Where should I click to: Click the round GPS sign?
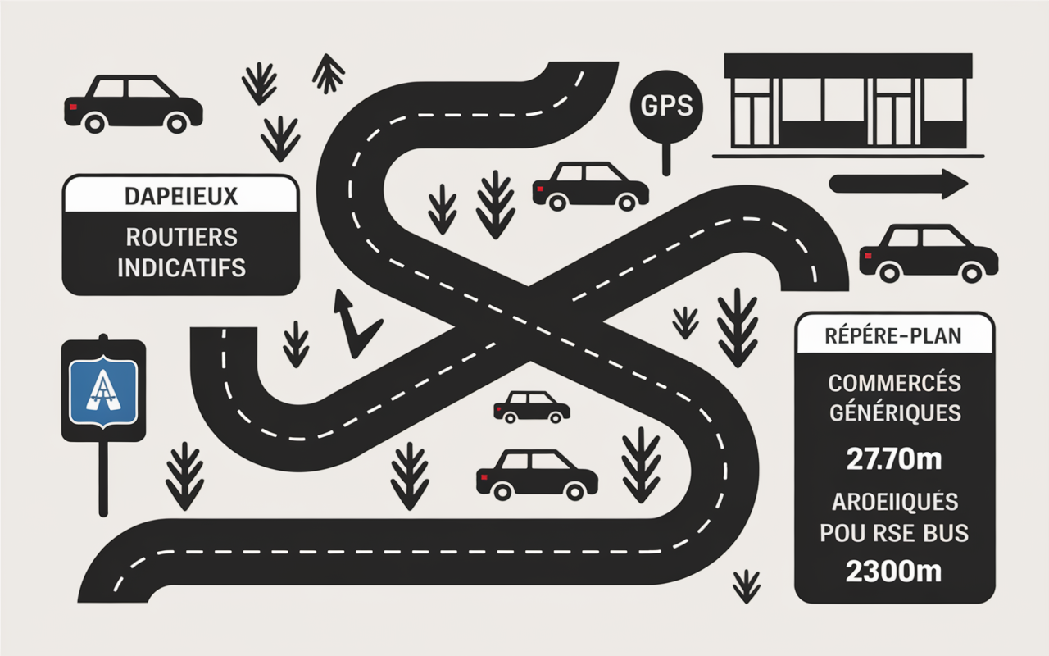(666, 107)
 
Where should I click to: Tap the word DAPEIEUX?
(181, 196)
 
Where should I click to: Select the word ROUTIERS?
(182, 237)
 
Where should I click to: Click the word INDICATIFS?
(182, 267)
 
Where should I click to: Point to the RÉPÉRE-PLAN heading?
(893, 335)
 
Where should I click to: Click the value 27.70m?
(894, 459)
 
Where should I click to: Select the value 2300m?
(893, 572)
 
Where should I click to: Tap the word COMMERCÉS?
(894, 383)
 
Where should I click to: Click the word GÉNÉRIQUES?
(895, 412)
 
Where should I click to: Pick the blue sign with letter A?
(103, 392)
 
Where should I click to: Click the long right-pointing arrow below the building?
(898, 184)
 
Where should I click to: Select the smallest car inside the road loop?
(532, 408)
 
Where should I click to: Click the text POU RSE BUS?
(894, 533)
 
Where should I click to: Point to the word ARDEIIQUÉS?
(894, 503)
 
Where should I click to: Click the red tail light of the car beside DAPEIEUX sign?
(73, 107)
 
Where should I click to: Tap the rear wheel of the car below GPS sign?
(557, 202)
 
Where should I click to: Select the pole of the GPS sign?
(666, 159)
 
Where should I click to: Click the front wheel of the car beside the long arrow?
(972, 271)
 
